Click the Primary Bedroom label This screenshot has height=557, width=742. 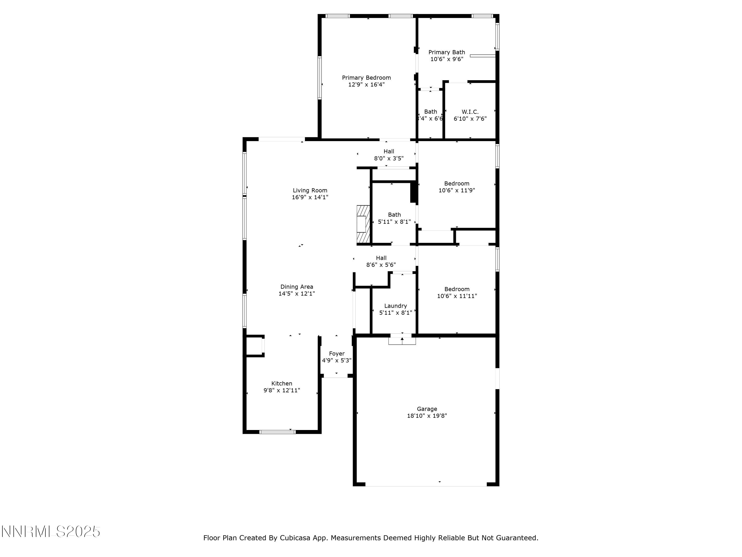[x=366, y=77]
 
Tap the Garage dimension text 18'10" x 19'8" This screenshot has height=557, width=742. [x=427, y=416]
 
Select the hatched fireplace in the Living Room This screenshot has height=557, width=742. [x=363, y=224]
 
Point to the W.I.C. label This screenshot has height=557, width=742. [x=470, y=112]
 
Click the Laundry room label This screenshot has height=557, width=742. [x=395, y=306]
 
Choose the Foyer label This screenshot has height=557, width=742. [x=336, y=354]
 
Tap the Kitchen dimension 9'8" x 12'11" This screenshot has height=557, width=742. [x=281, y=390]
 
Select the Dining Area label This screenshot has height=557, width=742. [x=297, y=287]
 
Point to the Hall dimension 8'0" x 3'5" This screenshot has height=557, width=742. [x=389, y=158]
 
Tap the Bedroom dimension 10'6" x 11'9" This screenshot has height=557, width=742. [x=457, y=190]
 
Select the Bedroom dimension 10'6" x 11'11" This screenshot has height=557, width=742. [x=457, y=296]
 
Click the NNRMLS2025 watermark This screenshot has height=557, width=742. [x=51, y=532]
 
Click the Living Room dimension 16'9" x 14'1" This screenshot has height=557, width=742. [x=310, y=197]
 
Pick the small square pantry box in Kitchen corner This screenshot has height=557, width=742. [x=255, y=346]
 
